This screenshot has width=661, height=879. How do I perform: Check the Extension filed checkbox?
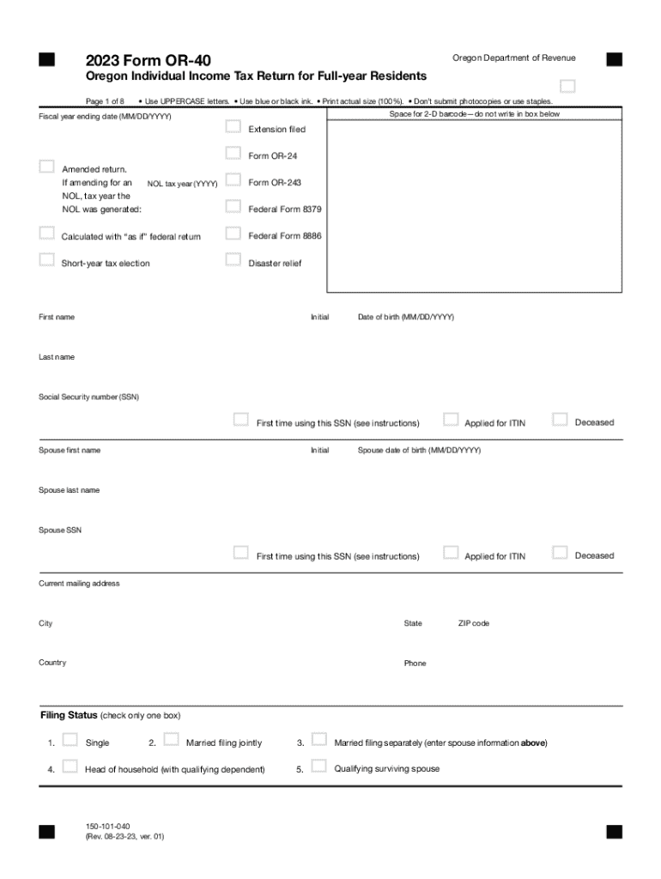pyautogui.click(x=233, y=127)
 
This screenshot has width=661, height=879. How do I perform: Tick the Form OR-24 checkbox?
pyautogui.click(x=233, y=154)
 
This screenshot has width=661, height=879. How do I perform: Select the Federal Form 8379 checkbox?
pyautogui.click(x=233, y=206)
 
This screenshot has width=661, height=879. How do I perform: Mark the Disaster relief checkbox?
pyautogui.click(x=233, y=260)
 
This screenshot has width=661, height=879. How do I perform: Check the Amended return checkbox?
pyautogui.click(x=47, y=167)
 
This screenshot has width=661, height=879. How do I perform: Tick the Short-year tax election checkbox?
pyautogui.click(x=47, y=260)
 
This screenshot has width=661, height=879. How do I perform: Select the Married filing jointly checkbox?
pyautogui.click(x=171, y=740)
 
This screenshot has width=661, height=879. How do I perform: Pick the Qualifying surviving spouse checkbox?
pyautogui.click(x=319, y=767)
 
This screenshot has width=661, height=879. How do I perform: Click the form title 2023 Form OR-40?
pyautogui.click(x=148, y=60)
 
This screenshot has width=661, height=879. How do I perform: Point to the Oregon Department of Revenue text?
pyautogui.click(x=513, y=58)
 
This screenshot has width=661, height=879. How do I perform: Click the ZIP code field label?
pyautogui.click(x=473, y=623)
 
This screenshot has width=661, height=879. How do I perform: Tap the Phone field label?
pyautogui.click(x=415, y=663)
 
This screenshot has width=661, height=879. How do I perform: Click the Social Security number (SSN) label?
pyautogui.click(x=88, y=397)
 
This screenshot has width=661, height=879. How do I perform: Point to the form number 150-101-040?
pyautogui.click(x=108, y=826)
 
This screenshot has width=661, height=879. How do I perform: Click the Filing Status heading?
pyautogui.click(x=69, y=715)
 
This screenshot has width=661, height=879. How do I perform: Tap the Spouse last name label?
pyautogui.click(x=69, y=490)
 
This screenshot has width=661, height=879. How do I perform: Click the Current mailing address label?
pyautogui.click(x=79, y=584)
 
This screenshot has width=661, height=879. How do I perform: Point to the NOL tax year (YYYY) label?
pyautogui.click(x=182, y=184)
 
